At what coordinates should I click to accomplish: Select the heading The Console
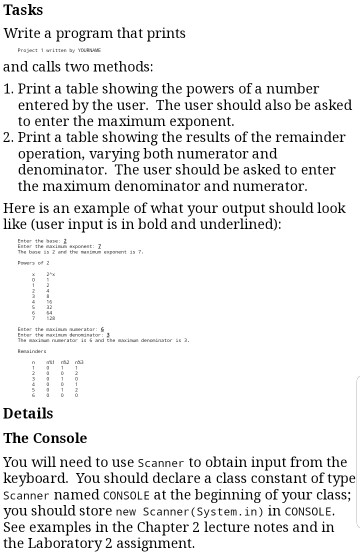click(59, 438)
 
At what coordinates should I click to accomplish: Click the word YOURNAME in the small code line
click(91, 50)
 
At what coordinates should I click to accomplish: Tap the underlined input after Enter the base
click(65, 239)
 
